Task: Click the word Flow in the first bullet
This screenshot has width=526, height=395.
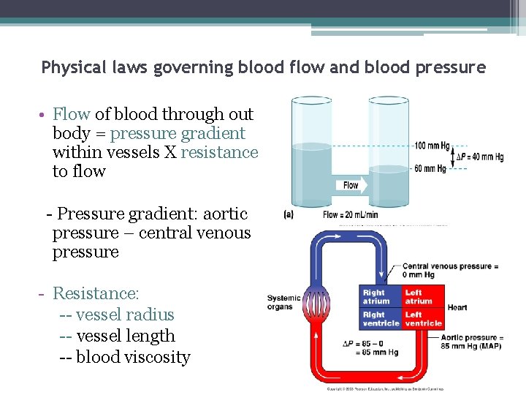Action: click(x=71, y=114)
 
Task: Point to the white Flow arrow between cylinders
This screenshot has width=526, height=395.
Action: click(x=349, y=185)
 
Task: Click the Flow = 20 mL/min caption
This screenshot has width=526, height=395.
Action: click(x=351, y=215)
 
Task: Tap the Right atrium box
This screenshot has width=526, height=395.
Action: click(x=380, y=296)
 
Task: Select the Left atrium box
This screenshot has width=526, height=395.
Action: click(x=422, y=296)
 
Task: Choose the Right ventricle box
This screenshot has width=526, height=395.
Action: click(x=380, y=319)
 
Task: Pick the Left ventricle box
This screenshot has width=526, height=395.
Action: click(x=422, y=319)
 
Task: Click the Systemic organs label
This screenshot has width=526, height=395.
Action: click(x=283, y=302)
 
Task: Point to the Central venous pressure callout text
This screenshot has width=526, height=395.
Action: click(x=450, y=271)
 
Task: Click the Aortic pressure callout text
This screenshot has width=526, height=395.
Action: click(x=472, y=342)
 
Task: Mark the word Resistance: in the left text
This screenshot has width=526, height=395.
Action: click(x=96, y=294)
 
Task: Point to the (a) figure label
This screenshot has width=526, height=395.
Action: click(x=289, y=215)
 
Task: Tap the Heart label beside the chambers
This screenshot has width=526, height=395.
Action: click(x=457, y=307)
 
